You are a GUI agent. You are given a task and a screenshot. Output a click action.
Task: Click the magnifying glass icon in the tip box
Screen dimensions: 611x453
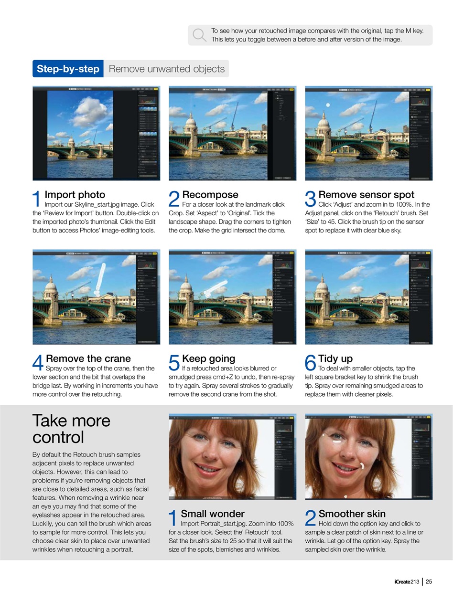[199, 35]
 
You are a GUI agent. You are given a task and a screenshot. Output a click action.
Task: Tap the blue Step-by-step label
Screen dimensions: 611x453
[68, 69]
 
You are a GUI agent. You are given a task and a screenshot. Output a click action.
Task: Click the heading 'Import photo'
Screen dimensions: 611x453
[75, 195]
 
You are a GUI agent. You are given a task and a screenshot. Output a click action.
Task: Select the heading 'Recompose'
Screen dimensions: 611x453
[210, 195]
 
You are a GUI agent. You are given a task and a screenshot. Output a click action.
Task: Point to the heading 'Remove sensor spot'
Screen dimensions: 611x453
[366, 195]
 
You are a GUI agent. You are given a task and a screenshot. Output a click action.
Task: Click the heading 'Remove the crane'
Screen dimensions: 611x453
[88, 358]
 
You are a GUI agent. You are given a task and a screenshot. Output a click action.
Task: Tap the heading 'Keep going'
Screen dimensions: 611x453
[208, 358]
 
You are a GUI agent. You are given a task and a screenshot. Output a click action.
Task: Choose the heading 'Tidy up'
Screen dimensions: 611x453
[335, 358]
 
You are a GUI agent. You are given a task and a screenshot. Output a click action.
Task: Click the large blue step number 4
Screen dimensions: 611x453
[38, 363]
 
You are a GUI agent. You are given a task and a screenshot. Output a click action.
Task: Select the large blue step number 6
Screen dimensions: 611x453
[311, 363]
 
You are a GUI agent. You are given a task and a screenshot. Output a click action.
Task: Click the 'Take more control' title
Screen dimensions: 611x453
[71, 429]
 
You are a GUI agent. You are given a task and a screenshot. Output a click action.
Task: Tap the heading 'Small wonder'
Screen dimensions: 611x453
[212, 514]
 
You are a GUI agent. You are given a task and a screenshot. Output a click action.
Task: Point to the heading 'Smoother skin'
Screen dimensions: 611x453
[352, 514]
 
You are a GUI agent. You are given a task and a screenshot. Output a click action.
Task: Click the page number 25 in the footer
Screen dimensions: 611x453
[429, 581]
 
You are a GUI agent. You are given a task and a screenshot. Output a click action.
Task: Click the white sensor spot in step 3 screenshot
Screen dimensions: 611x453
[327, 105]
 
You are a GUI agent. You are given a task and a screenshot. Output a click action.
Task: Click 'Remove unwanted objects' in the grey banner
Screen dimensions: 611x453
[166, 69]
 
